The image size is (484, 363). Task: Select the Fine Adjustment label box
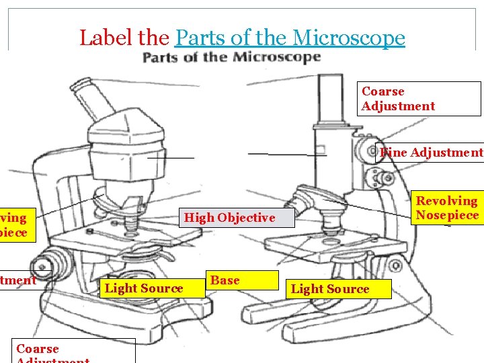[x=430, y=153]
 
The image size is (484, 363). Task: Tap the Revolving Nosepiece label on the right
[x=447, y=208]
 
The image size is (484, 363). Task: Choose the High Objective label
[x=230, y=218]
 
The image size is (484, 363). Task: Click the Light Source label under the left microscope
[x=145, y=288]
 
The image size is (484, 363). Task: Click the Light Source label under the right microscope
[x=330, y=289]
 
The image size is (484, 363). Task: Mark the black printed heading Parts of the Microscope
[x=231, y=58]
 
